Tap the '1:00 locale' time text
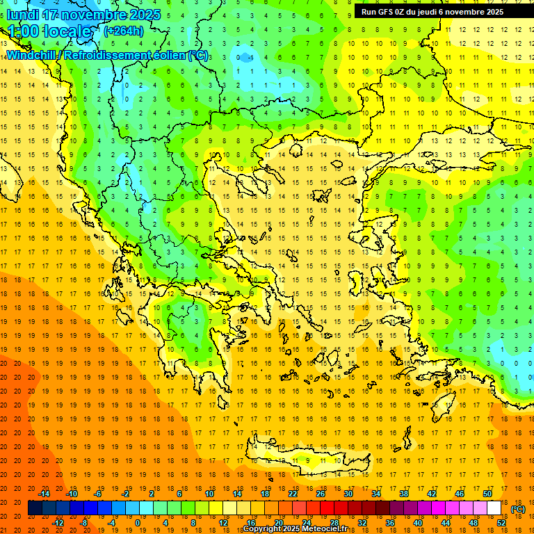[49, 31]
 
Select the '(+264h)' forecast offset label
[124, 31]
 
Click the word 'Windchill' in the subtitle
[32, 55]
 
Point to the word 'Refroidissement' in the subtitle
[108, 55]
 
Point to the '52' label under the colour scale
[501, 523]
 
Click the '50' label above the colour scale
[487, 494]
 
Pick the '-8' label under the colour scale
[84, 523]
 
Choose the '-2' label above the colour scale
[125, 494]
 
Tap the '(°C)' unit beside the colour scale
[518, 509]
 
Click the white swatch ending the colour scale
[494, 508]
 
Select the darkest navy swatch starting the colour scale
[35, 508]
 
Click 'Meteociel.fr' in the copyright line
[335, 529]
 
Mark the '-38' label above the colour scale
[403, 494]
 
